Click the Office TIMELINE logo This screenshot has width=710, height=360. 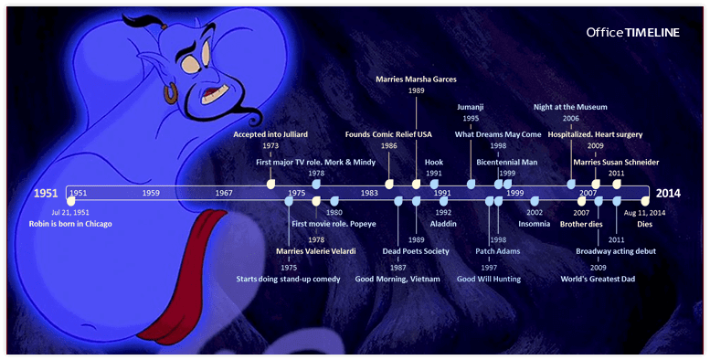(633, 32)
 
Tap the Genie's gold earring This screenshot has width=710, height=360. (171, 93)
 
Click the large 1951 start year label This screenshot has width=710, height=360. (46, 194)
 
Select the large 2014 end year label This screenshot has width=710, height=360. (668, 194)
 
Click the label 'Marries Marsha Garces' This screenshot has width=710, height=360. (416, 79)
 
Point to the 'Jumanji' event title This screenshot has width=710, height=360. (471, 107)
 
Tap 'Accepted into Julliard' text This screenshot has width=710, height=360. (270, 134)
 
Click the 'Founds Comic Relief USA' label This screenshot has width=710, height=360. (389, 134)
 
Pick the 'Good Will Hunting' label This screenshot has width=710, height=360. (490, 279)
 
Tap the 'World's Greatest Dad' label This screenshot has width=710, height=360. (598, 279)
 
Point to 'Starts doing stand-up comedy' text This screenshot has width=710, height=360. (289, 279)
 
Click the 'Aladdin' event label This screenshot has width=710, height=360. (443, 224)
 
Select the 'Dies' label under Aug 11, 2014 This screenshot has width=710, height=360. (645, 224)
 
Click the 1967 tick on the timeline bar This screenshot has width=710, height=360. (224, 194)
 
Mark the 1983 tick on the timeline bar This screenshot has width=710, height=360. (369, 194)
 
